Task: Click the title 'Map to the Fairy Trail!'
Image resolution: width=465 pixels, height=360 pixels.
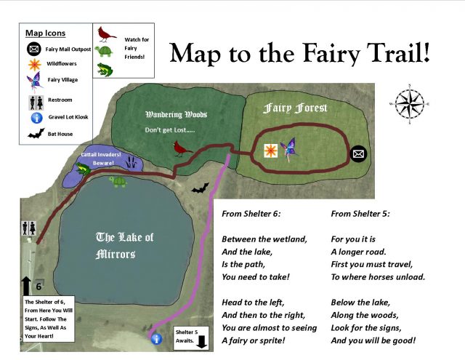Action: click(299, 52)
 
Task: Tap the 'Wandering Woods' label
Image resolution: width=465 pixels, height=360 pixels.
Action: click(177, 114)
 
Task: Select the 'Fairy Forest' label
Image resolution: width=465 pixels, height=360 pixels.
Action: click(295, 108)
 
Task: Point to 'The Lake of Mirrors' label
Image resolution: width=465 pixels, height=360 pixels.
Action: click(126, 246)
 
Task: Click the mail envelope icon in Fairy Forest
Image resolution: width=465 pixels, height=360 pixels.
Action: click(357, 153)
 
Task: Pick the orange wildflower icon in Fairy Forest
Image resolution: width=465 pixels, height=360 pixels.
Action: click(270, 151)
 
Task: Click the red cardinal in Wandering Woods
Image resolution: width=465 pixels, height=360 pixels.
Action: click(179, 148)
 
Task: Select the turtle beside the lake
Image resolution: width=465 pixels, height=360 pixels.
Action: click(118, 180)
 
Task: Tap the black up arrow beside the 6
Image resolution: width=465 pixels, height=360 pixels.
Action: click(27, 286)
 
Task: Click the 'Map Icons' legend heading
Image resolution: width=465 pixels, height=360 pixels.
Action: click(45, 33)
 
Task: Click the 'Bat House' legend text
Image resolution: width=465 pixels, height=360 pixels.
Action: click(60, 134)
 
